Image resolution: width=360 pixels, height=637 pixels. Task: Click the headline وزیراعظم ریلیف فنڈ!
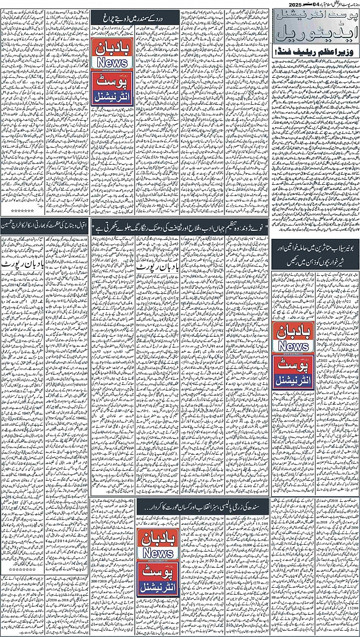[x=314, y=53]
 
